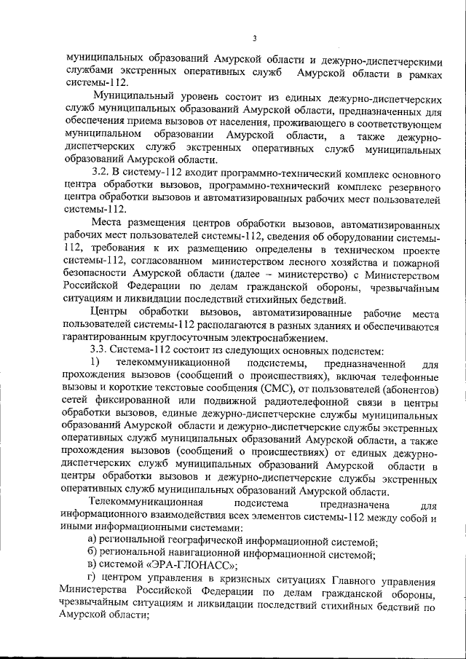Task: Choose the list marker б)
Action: coord(91,553)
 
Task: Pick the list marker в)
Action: coord(91,566)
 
